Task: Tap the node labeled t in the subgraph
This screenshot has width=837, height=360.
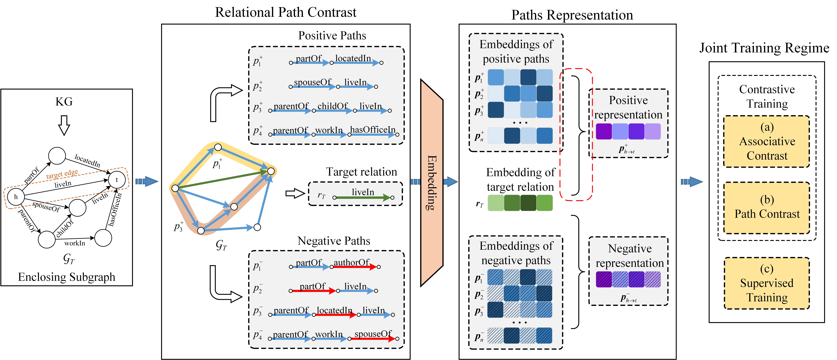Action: point(117,180)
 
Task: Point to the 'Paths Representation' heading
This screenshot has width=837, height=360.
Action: point(572,15)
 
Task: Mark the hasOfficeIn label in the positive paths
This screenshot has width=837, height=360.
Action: point(373,130)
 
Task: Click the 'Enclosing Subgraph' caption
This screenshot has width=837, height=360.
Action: point(67,277)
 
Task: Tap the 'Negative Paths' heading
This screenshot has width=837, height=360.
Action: point(334,241)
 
